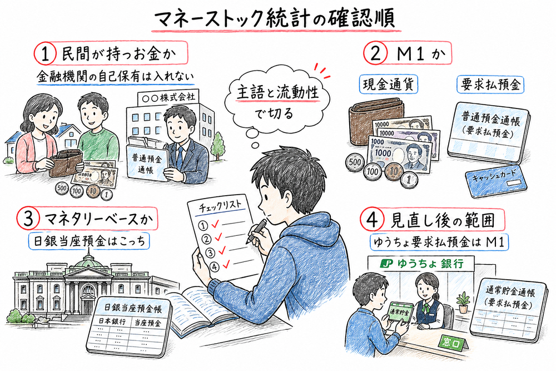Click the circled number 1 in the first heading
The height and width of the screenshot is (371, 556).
click(x=44, y=55)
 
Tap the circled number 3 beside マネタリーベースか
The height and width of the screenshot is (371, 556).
click(x=27, y=217)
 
